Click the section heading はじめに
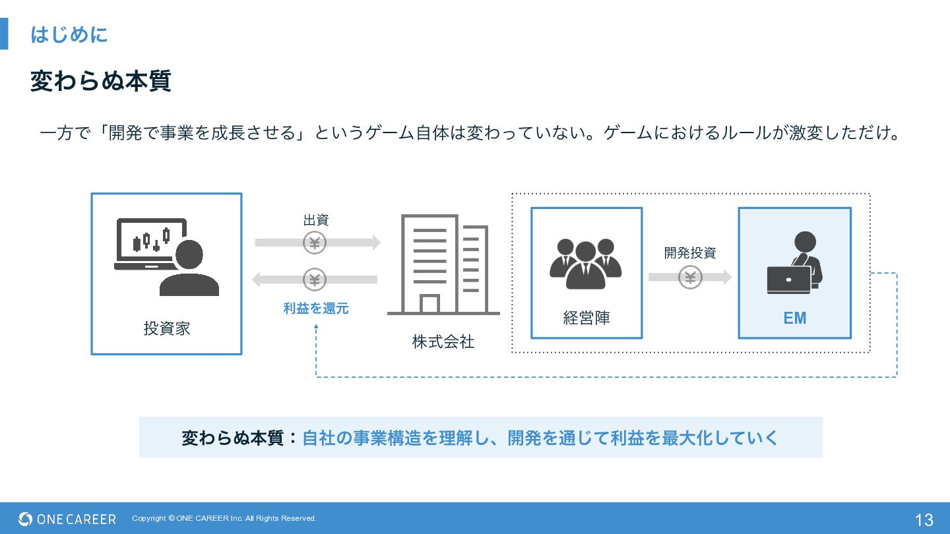[69, 34]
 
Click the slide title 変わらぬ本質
[100, 80]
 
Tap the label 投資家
[167, 328]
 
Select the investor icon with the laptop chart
[167, 257]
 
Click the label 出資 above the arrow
[316, 220]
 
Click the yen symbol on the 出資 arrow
[314, 243]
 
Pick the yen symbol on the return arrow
[314, 280]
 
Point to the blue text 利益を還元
[316, 308]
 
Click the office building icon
[443, 264]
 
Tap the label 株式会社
[443, 341]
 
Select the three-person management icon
[586, 264]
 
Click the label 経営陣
[586, 318]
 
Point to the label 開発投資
[690, 253]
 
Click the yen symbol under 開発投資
[690, 277]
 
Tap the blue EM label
[795, 318]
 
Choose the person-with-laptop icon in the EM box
[795, 263]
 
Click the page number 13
[924, 519]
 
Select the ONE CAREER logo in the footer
[67, 519]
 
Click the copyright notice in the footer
[224, 518]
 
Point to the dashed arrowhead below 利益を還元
[316, 327]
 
